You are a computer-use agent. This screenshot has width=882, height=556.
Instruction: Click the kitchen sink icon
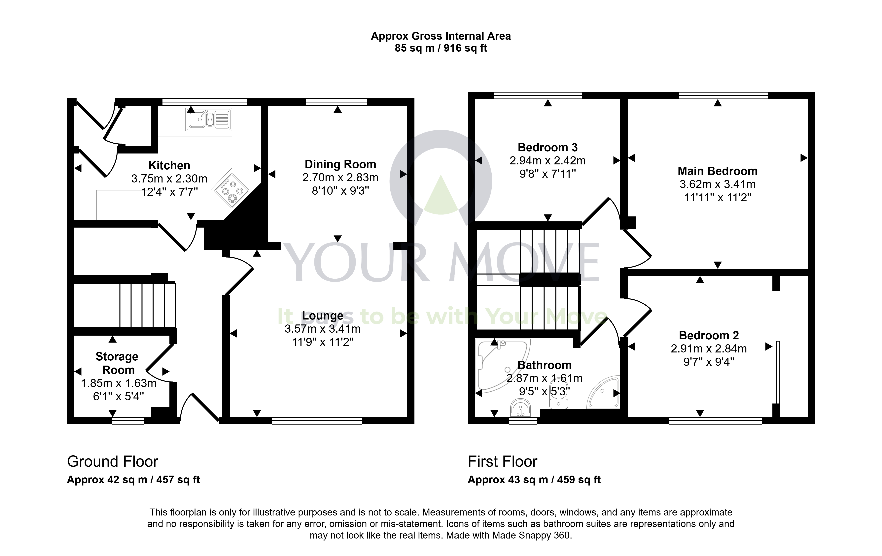(x=208, y=119)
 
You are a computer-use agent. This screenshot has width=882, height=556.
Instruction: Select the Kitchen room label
(x=169, y=165)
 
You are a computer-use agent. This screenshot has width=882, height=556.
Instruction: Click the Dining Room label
(x=340, y=164)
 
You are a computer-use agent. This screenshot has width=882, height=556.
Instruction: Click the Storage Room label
(x=117, y=363)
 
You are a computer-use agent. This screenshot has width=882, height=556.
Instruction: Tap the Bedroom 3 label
(x=547, y=147)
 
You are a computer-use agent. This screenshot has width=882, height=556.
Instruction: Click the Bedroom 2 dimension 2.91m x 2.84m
(x=709, y=349)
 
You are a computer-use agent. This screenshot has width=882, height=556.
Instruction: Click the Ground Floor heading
(x=112, y=462)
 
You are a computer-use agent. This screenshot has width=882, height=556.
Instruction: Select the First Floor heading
(x=503, y=462)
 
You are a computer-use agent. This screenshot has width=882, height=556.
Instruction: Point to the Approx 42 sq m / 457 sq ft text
(x=133, y=480)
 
